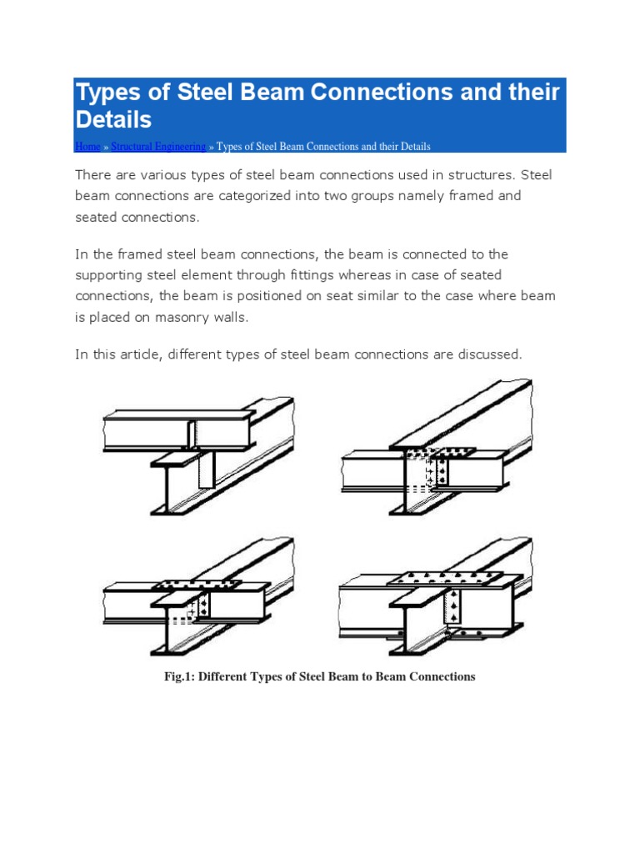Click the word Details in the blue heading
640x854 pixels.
[x=113, y=119]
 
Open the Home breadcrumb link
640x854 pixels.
[x=87, y=147]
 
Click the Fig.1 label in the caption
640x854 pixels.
[x=180, y=676]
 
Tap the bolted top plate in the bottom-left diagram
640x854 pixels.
[x=197, y=583]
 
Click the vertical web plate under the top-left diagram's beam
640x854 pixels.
[x=206, y=470]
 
